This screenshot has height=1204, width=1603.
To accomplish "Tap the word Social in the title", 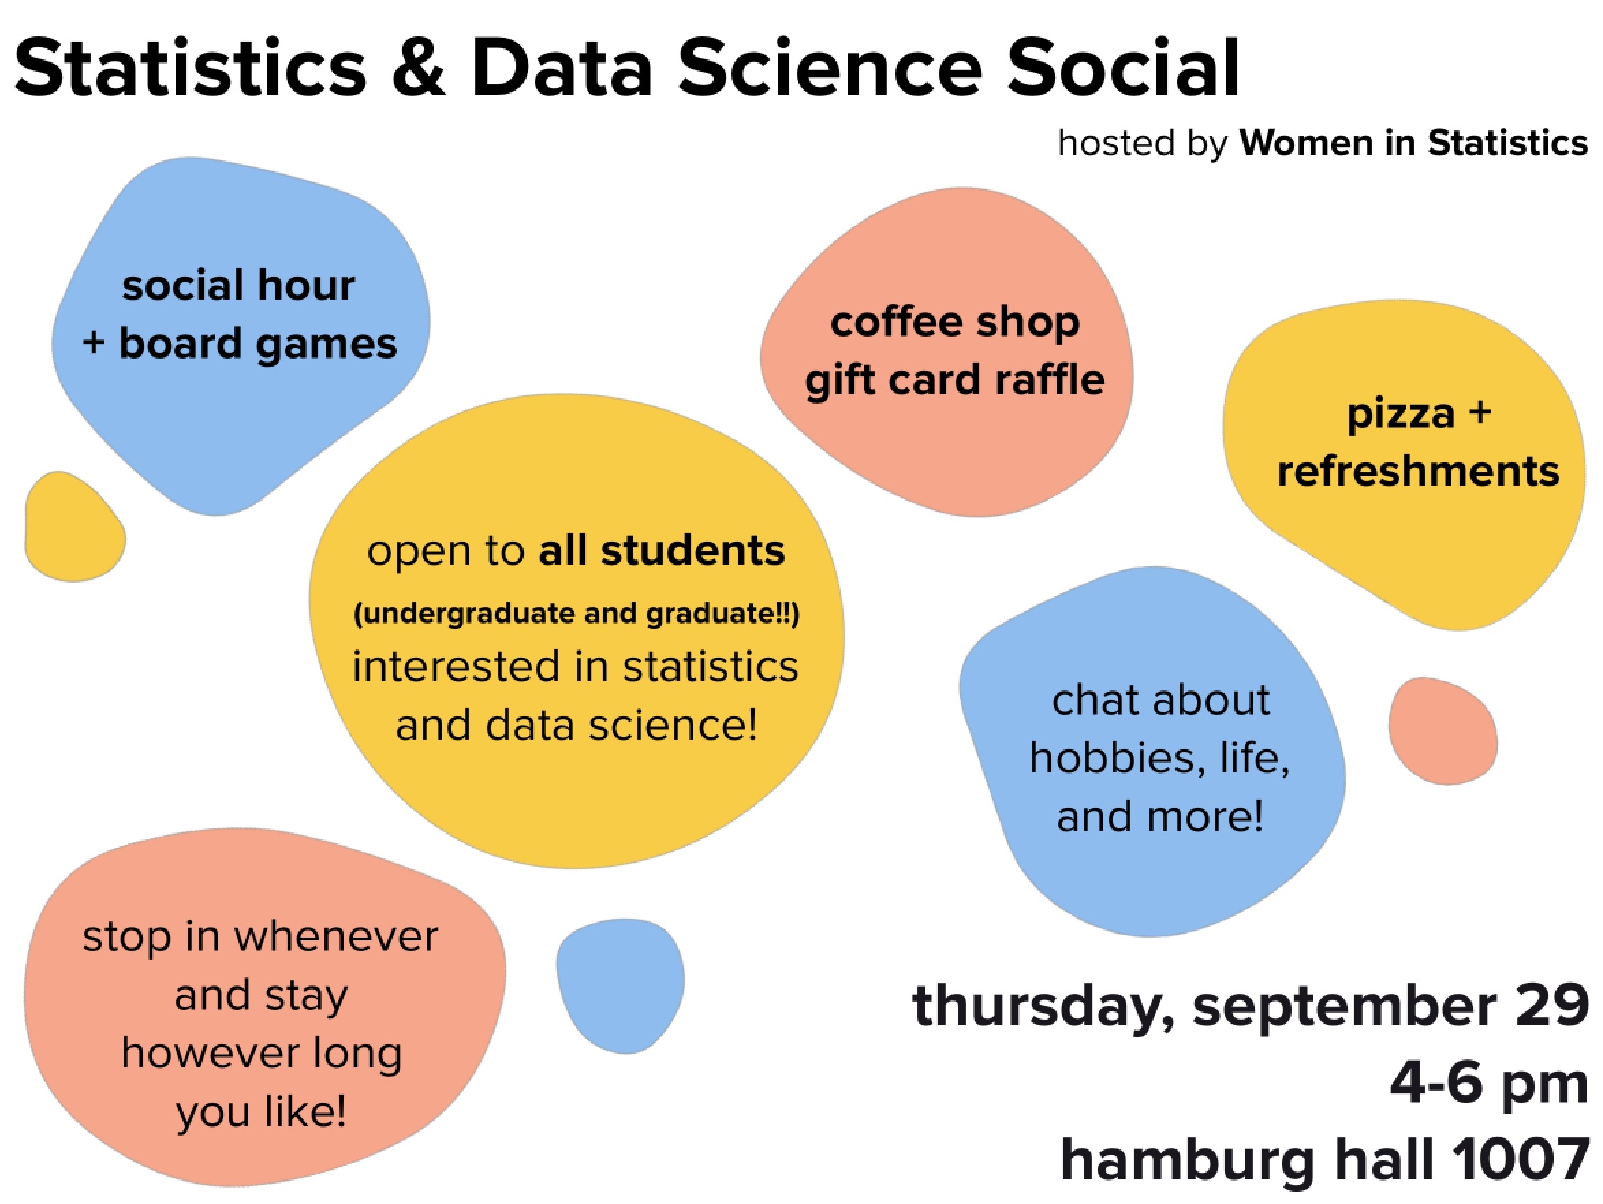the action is coord(1124,68).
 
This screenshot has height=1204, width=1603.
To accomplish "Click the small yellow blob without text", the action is coord(74,527).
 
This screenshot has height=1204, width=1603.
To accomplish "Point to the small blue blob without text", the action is coord(620,985).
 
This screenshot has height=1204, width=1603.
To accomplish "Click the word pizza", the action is coord(1401,415).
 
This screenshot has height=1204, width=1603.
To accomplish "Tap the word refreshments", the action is coord(1418,471).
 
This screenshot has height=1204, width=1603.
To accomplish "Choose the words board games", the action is coord(258,344).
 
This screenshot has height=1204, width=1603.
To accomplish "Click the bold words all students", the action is coord(662,550).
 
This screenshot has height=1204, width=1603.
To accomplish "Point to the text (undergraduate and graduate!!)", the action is coord(577,613).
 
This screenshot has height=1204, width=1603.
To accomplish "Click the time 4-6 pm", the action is coord(1489,1084).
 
